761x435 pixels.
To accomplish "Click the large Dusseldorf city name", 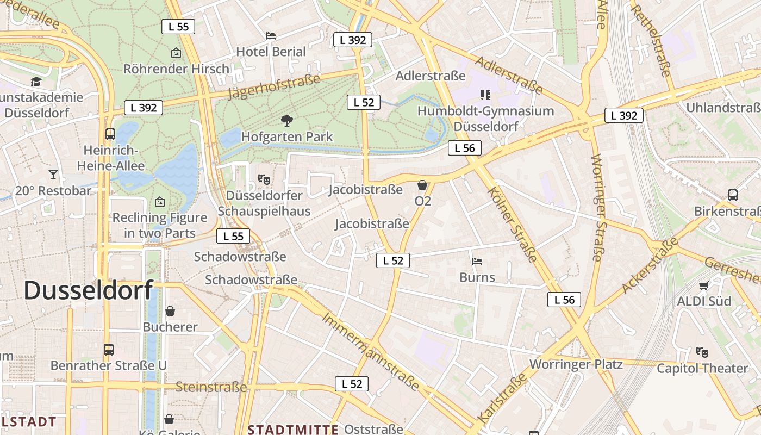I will (88, 290).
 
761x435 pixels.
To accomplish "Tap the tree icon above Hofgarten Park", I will (286, 121).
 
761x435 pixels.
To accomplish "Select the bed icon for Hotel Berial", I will (271, 36).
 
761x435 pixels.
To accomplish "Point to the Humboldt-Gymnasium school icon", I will (485, 95).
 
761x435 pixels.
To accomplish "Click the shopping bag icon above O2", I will (422, 185).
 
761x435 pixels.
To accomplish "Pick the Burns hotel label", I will (477, 277).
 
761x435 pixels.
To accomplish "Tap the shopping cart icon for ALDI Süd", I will (704, 285).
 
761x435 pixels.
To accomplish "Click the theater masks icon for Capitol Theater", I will (702, 352).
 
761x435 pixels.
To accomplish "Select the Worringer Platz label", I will (576, 364).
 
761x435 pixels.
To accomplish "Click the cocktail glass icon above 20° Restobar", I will (53, 175).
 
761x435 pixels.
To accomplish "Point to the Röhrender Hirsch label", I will (177, 69).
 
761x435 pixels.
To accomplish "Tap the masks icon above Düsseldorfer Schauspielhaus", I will (264, 179).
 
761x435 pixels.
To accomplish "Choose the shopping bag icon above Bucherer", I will (170, 311).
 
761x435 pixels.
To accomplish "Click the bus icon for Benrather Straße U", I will (109, 349).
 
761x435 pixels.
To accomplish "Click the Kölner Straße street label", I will (513, 225).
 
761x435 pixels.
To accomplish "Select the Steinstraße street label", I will (211, 387).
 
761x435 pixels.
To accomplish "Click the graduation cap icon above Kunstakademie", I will (36, 82).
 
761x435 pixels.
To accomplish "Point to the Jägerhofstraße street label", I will (275, 87).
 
